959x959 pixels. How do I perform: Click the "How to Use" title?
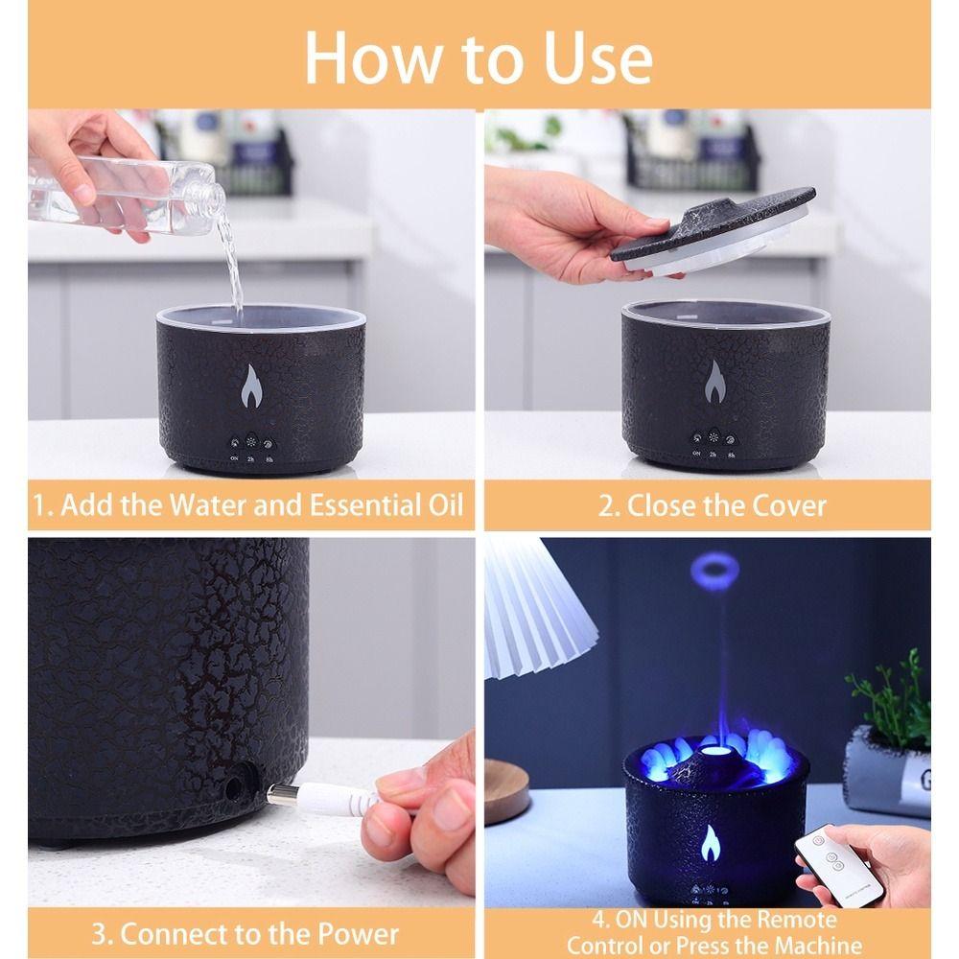pos(479,57)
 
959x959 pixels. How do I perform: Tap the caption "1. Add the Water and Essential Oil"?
pos(247,505)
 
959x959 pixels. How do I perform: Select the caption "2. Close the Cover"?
pos(712,505)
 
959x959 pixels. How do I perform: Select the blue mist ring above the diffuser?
pos(714,572)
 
